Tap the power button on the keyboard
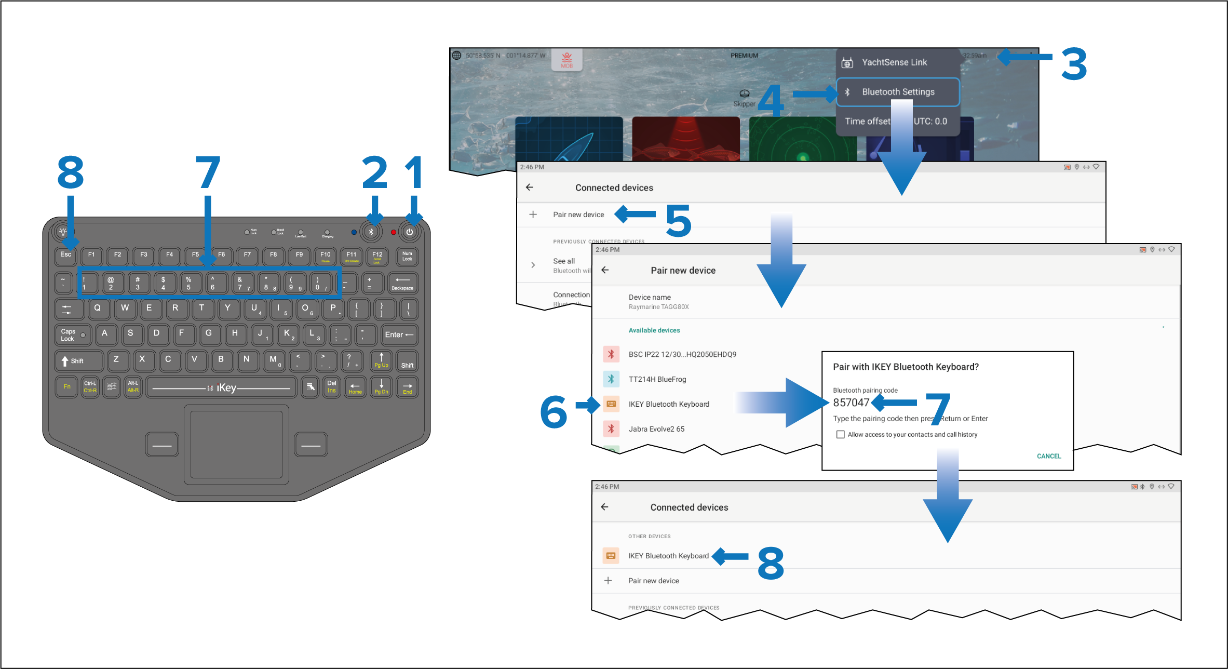(410, 232)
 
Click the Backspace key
(402, 283)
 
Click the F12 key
(377, 256)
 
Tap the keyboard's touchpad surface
(236, 444)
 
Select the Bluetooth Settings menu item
(898, 92)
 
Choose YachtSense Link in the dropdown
(894, 62)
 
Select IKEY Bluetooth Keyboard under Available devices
(669, 404)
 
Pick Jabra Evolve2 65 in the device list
(656, 429)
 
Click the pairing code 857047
(851, 403)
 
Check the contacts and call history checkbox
(840, 434)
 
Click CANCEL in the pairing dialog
(1049, 456)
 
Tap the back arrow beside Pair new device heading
(605, 270)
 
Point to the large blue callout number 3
(1074, 64)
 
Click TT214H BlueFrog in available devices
(657, 379)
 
